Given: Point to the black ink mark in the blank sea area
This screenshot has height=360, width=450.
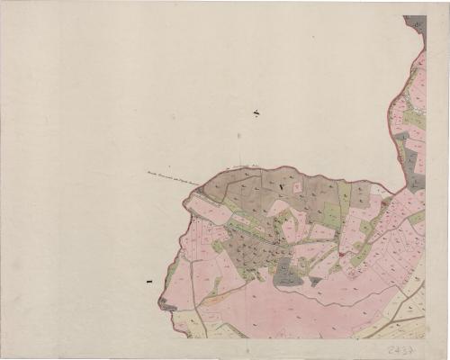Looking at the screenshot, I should point(257,112).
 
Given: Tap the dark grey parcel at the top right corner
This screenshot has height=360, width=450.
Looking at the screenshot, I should point(415,23).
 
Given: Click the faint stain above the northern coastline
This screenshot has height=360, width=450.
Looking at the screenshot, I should point(238,135).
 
